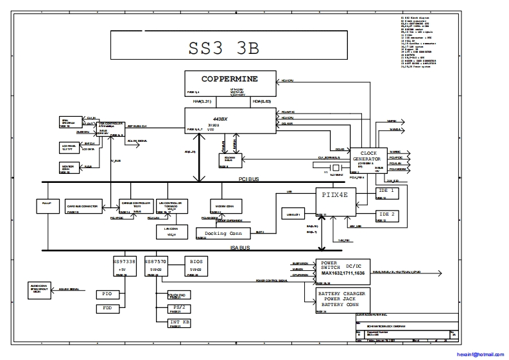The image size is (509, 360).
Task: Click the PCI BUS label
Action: (x=248, y=180)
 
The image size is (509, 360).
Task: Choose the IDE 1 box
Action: (x=386, y=191)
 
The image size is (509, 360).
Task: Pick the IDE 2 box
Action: (x=386, y=214)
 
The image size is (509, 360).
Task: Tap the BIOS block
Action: (x=196, y=262)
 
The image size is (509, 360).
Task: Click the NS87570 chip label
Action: (x=156, y=262)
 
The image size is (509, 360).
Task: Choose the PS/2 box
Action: (x=178, y=308)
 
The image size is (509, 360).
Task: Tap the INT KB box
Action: (x=178, y=321)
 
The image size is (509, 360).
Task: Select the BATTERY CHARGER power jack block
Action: (x=343, y=298)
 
